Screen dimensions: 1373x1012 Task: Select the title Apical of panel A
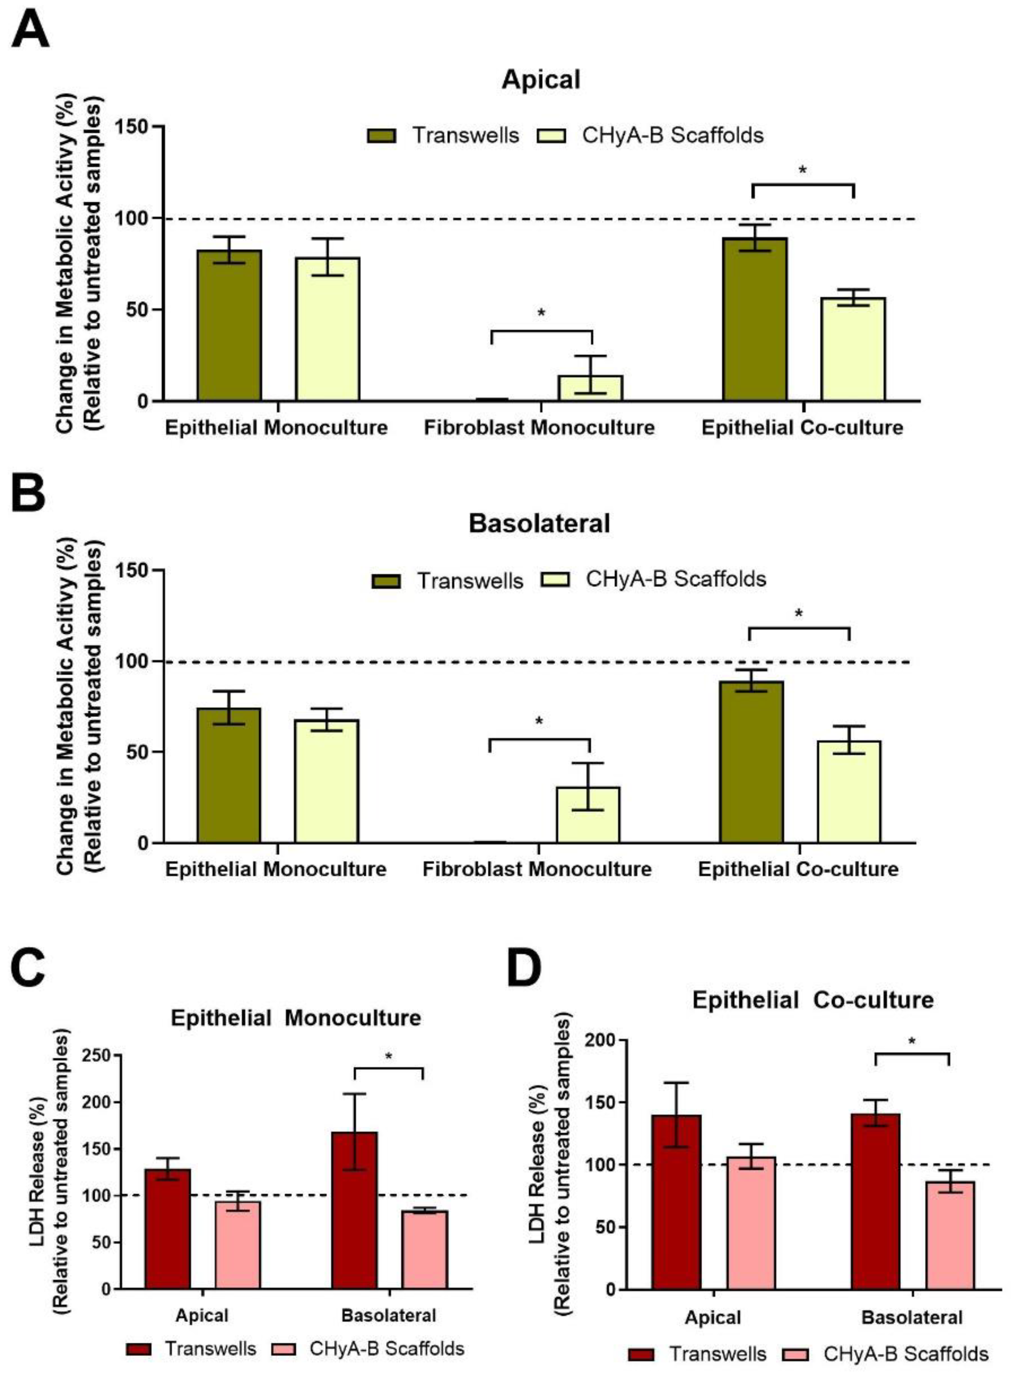click(540, 80)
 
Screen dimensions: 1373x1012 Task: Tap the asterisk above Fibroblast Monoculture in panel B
click(539, 721)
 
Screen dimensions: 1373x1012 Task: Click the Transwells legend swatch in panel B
click(386, 581)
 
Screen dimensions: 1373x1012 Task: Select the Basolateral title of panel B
click(539, 524)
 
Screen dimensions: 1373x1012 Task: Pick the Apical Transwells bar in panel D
click(676, 1201)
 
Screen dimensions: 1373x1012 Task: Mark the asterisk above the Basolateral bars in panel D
click(912, 1041)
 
